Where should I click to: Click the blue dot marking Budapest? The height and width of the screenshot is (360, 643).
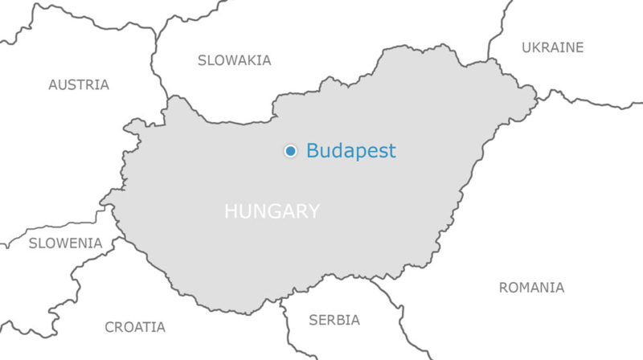[x=290, y=150]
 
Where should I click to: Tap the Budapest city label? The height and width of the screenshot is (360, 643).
[x=350, y=150]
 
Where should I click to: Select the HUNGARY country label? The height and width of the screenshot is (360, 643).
[x=272, y=211]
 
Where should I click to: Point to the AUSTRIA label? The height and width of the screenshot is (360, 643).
[x=78, y=84]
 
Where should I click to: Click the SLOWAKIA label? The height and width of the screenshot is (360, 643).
[x=234, y=59]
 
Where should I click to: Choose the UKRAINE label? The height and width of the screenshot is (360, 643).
[x=552, y=47]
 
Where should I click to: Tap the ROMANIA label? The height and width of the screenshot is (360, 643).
[x=531, y=287]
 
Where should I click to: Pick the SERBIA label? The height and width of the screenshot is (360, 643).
[x=334, y=320]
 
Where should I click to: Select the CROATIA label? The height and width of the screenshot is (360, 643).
[x=135, y=327]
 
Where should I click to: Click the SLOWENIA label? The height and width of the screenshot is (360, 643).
[x=65, y=243]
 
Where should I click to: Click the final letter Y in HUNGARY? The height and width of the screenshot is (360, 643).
[x=313, y=211]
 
